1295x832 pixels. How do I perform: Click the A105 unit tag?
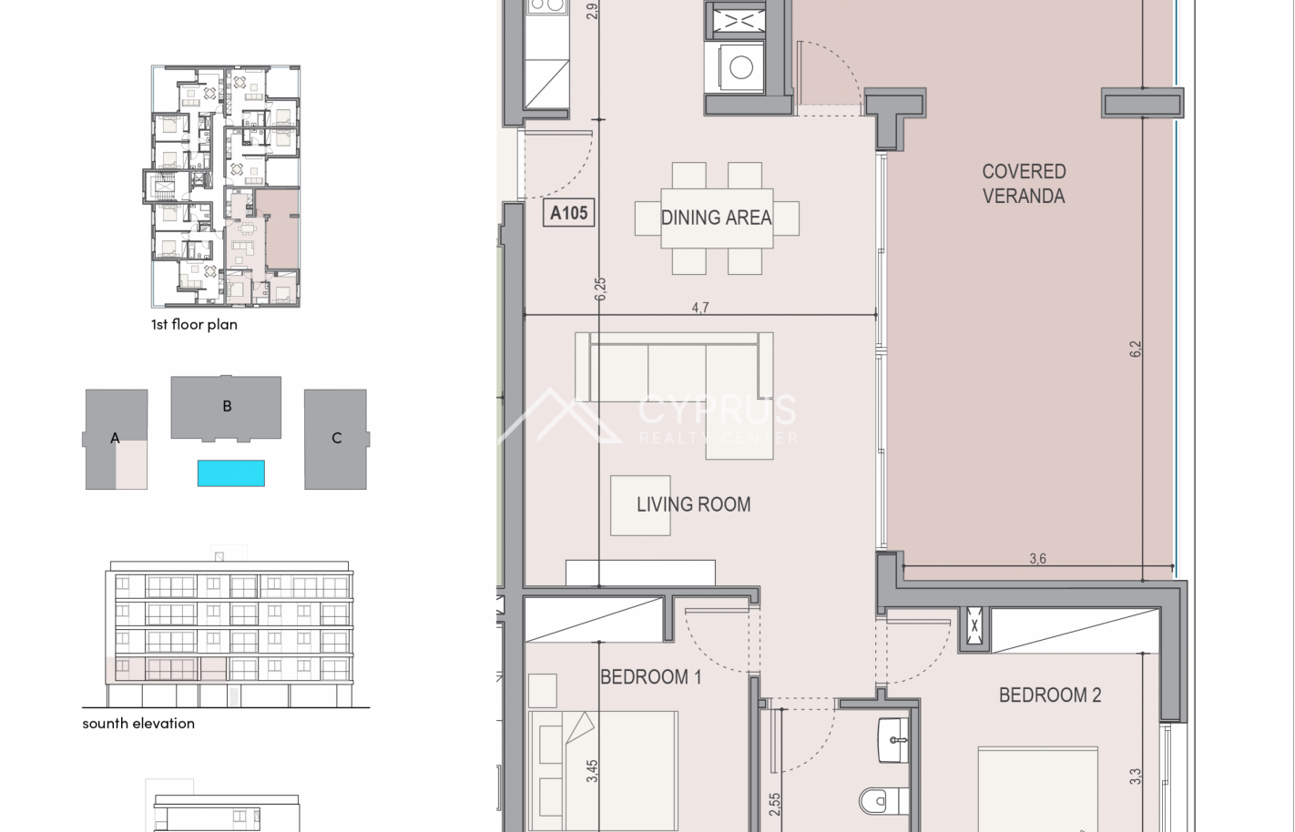pos(569,213)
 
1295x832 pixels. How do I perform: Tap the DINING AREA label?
pos(716,218)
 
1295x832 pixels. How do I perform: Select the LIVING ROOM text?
pos(694,504)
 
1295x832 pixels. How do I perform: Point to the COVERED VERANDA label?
pos(1024,184)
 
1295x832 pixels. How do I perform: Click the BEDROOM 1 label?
pos(651,676)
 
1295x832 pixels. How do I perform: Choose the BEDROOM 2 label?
pos(1050,695)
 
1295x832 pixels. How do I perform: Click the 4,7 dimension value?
pos(700,308)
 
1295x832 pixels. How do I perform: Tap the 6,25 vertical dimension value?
pos(600,289)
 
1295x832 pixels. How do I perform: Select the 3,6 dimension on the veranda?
pos(1038,559)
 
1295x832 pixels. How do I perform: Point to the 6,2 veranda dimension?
pos(1136,349)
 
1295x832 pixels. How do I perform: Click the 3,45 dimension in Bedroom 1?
pos(592,771)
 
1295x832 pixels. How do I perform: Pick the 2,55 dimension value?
pos(775,805)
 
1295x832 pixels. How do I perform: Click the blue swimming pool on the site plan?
pos(231,473)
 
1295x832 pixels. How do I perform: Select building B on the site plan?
pos(226,408)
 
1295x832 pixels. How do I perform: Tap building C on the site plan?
pos(336,439)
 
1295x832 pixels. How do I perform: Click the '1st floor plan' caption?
pos(194,324)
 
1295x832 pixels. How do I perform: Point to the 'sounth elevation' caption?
pos(138,724)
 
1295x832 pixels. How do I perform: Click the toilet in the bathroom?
pos(883,801)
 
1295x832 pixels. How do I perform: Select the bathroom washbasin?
pos(892,740)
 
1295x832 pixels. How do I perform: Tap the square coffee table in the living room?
pos(640,505)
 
